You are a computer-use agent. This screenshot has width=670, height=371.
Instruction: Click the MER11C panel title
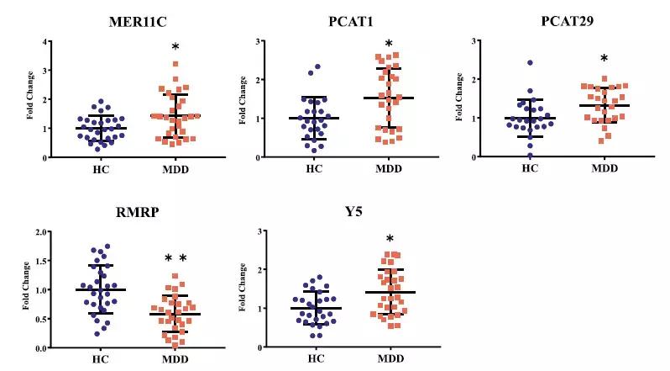(123, 19)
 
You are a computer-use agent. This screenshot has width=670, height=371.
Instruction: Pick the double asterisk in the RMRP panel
(175, 257)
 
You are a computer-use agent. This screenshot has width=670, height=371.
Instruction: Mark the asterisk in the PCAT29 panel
(605, 59)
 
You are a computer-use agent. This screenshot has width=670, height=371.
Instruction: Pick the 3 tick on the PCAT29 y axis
(475, 41)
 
